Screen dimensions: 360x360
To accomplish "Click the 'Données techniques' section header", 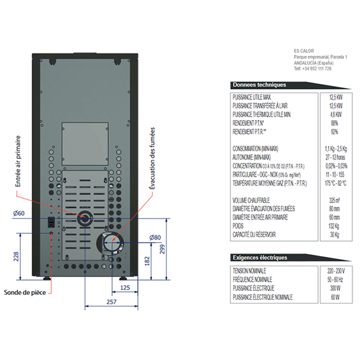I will click(259, 85).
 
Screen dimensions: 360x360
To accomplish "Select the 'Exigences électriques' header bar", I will click(260, 258).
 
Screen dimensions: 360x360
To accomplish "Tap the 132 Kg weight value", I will click(334, 226).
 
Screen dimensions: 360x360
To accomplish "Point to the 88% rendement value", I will click(334, 123).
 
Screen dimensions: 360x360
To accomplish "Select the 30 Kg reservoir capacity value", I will click(334, 234).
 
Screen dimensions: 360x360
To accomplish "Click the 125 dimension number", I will click(125, 287).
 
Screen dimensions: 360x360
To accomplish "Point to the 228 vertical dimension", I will click(16, 256).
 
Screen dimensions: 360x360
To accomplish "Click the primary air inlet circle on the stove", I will click(84, 220).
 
